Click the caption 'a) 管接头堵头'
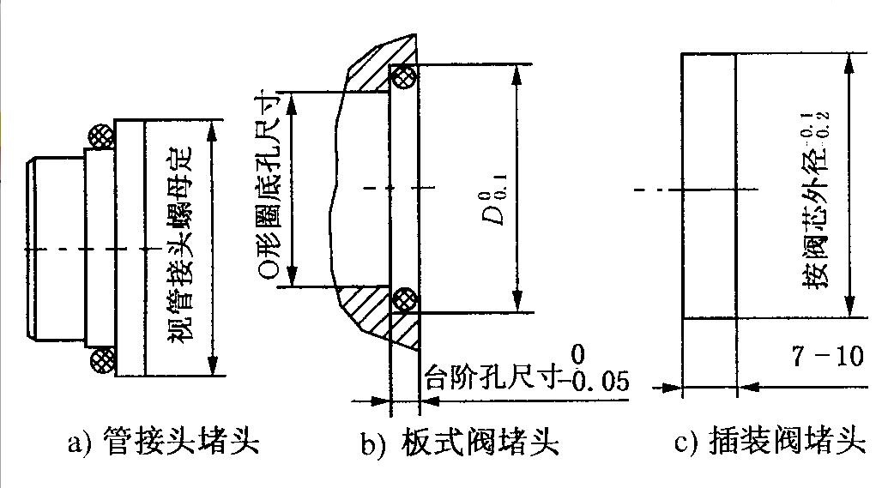(x=163, y=443)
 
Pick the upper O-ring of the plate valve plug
(x=403, y=78)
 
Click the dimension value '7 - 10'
(x=827, y=357)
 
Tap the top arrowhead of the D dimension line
(x=516, y=72)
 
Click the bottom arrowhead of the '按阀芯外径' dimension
(x=850, y=310)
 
